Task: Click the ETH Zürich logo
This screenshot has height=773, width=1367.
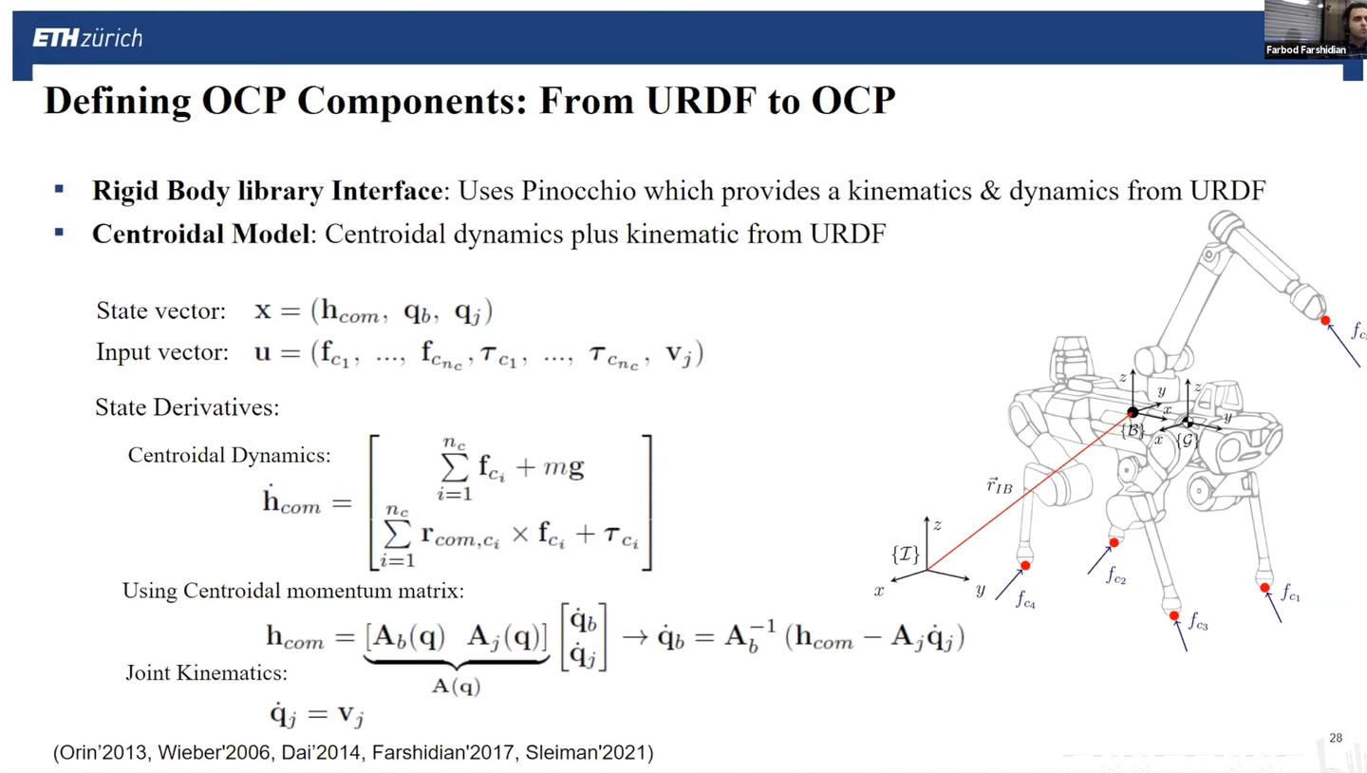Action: click(x=87, y=38)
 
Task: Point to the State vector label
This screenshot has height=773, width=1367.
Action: click(x=161, y=311)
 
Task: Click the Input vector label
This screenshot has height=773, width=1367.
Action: click(x=162, y=352)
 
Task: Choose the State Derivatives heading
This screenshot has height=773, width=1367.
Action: click(x=187, y=408)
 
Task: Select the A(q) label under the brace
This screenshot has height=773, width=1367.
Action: click(x=457, y=686)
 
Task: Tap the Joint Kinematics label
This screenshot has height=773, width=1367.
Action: click(x=206, y=673)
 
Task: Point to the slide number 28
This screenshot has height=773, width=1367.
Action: click(x=1336, y=738)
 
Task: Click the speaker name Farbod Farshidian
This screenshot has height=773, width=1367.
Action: click(x=1306, y=50)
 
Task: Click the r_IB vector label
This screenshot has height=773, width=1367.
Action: click(x=998, y=487)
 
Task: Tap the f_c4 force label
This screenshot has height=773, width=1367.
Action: click(x=1025, y=599)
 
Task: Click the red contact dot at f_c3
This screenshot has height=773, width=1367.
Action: click(x=1174, y=616)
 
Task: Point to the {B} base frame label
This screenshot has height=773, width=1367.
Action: click(x=1132, y=430)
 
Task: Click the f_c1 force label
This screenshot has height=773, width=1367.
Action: click(x=1290, y=594)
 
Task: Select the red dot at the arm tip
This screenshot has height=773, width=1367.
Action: click(x=1325, y=321)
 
